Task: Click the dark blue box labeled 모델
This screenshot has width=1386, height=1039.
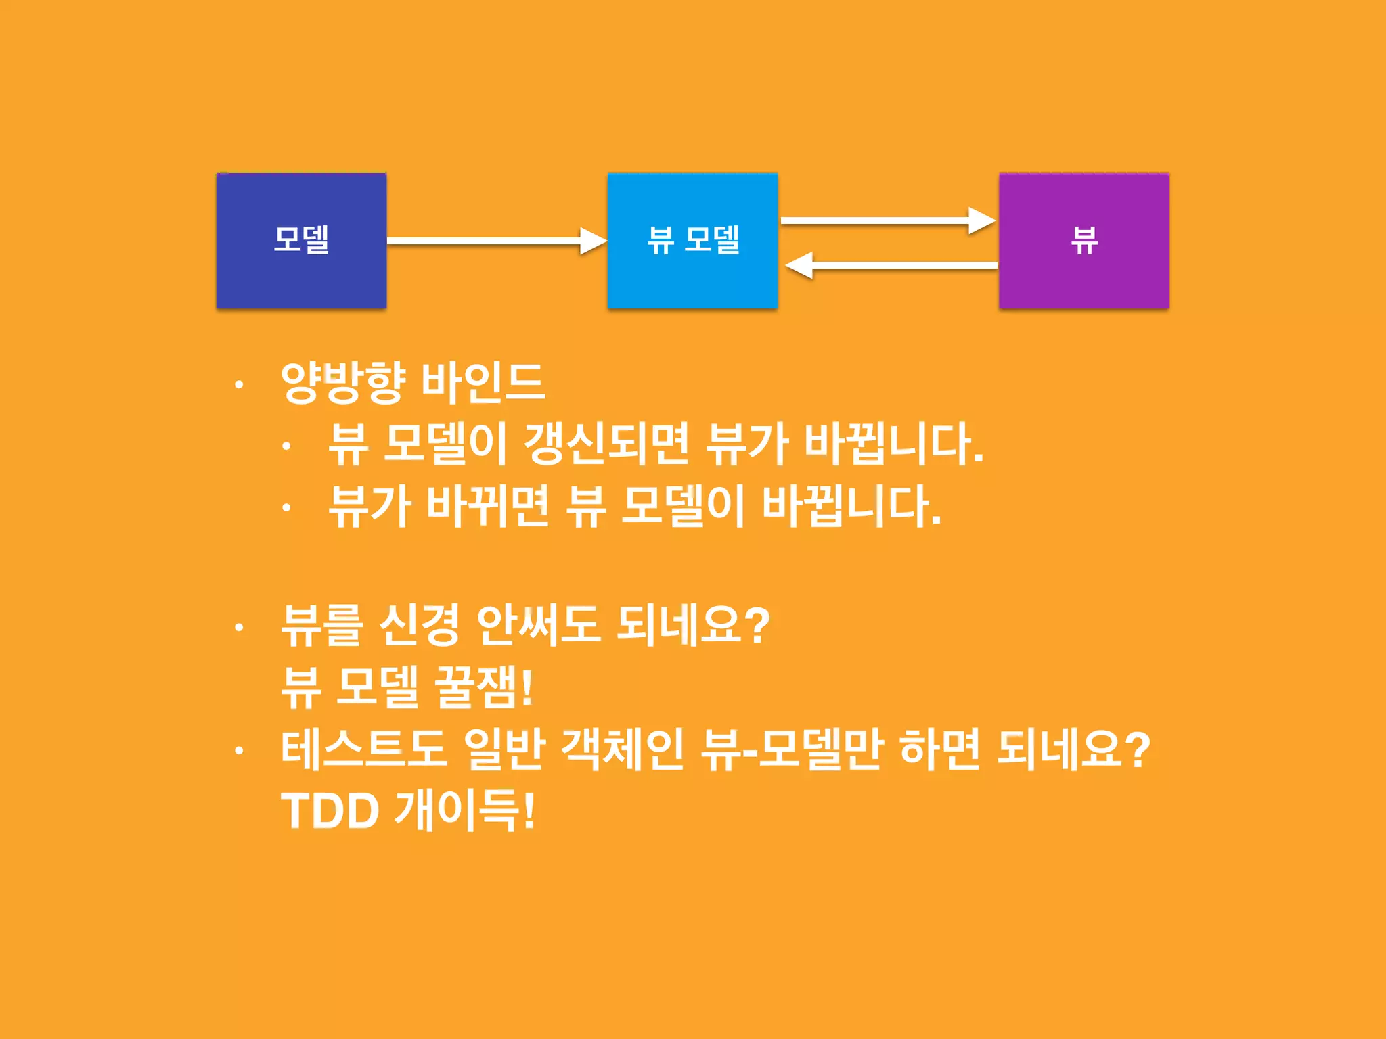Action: coord(301,241)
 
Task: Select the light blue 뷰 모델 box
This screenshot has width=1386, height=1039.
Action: coord(692,241)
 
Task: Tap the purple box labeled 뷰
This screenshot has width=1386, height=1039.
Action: coord(1083,241)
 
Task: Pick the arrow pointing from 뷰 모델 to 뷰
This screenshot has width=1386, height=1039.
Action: coord(887,221)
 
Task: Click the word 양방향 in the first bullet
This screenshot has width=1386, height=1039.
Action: coord(343,382)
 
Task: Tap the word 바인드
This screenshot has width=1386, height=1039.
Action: coord(483,382)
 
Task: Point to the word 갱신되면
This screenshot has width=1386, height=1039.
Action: coord(606,444)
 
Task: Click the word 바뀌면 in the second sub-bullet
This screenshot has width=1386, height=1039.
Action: coord(487,506)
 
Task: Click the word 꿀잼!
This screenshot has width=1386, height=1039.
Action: coord(484,687)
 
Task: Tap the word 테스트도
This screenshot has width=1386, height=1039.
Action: coord(364,749)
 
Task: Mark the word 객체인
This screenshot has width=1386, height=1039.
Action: coord(623,749)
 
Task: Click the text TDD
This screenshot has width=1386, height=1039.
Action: coord(330,811)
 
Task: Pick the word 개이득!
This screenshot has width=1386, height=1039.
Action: coord(466,811)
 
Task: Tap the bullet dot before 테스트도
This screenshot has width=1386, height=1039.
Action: coord(238,750)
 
